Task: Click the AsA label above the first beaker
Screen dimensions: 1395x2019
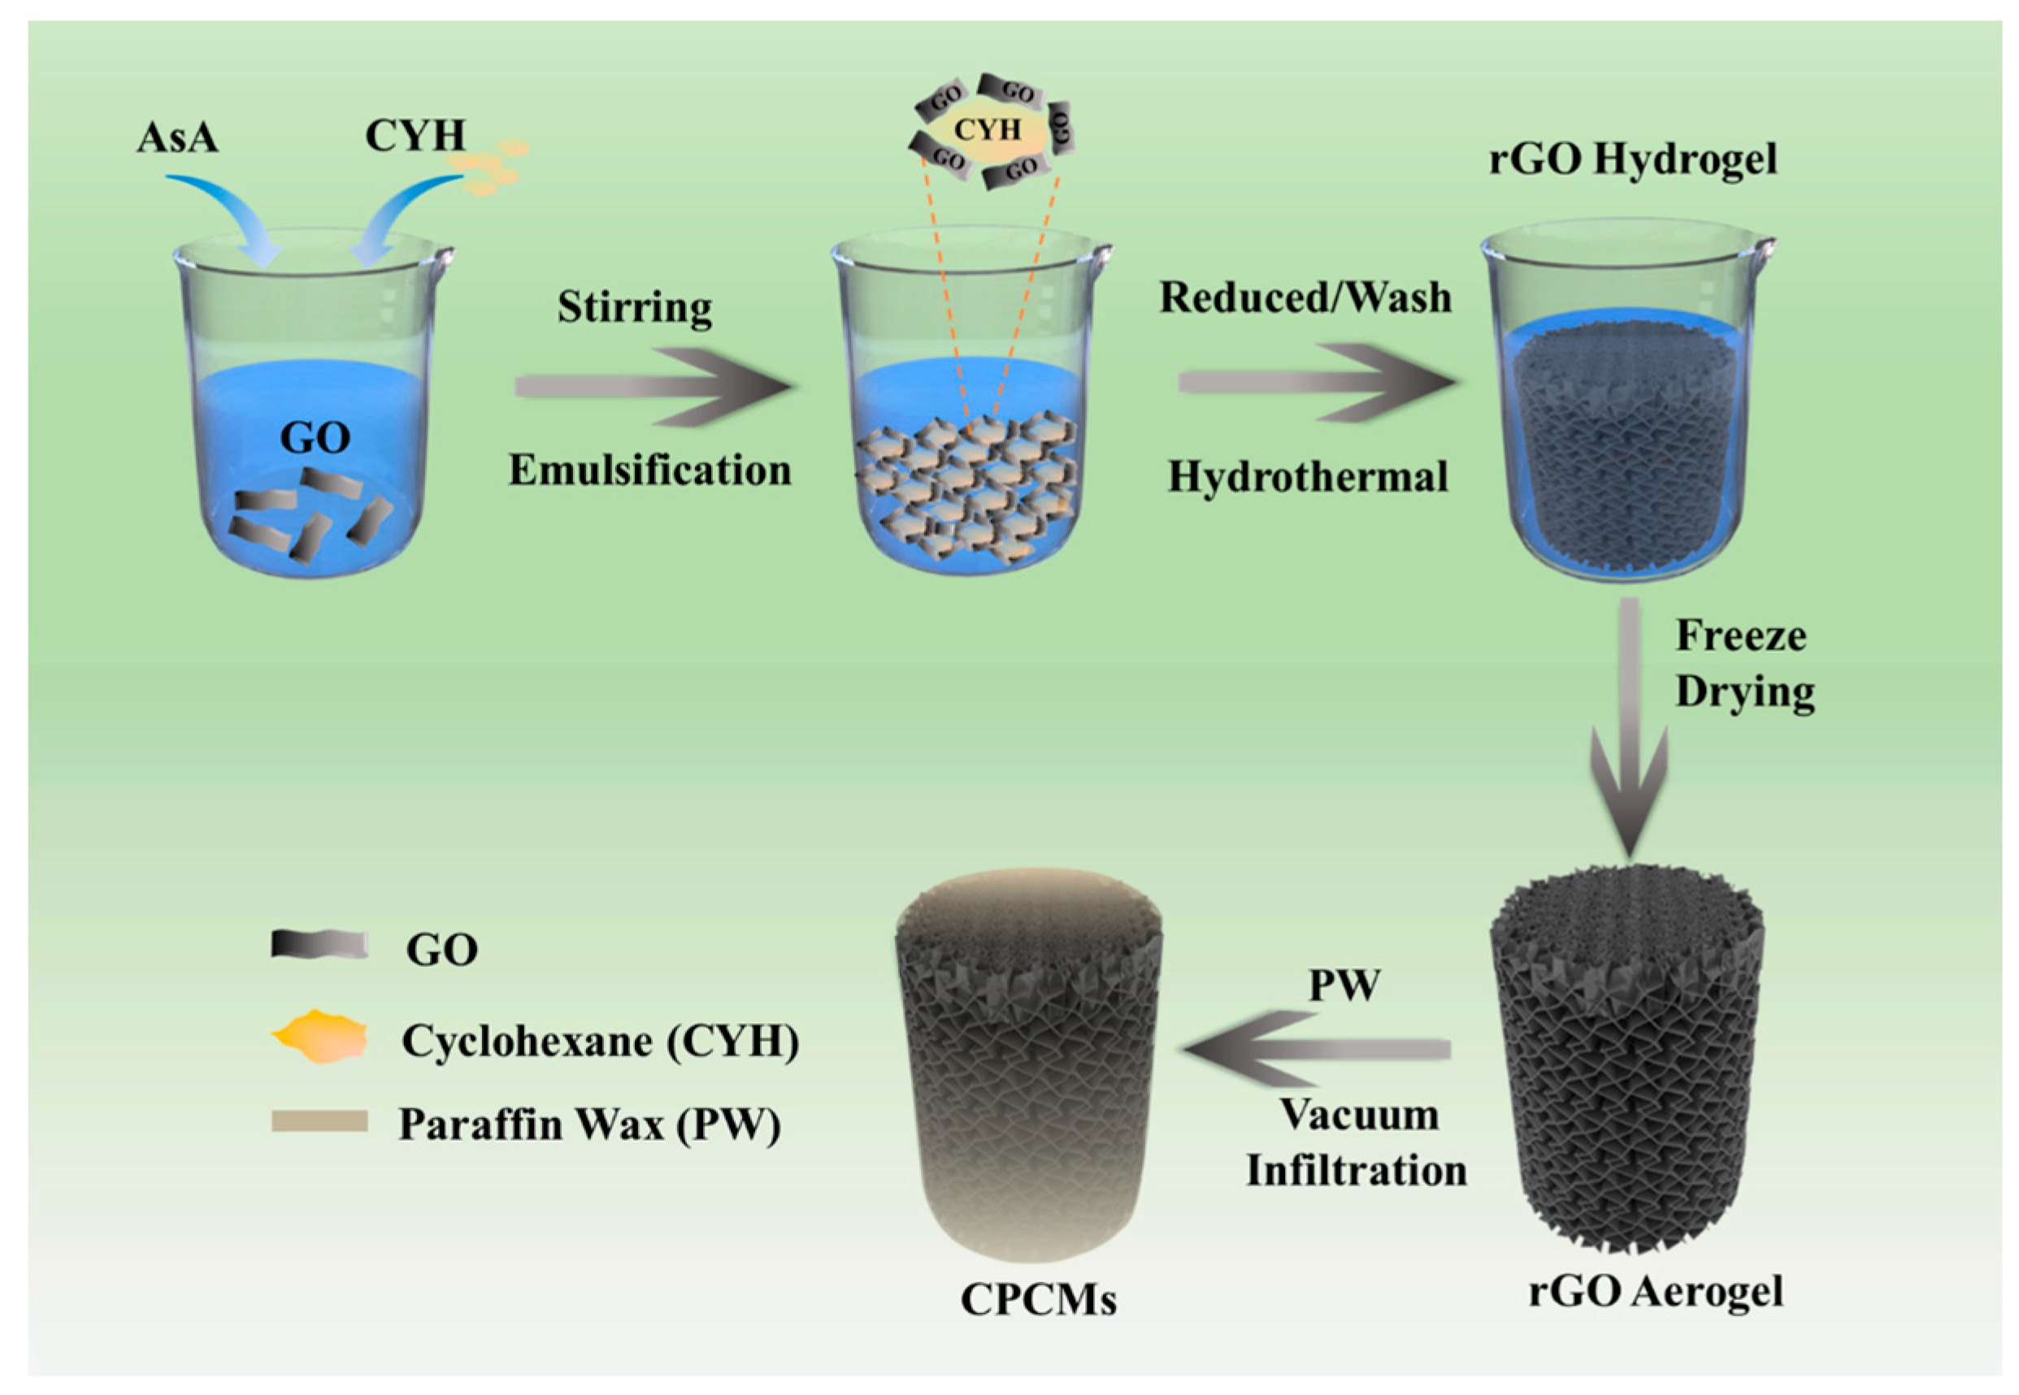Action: pos(177,138)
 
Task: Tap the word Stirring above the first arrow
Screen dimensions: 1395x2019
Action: pos(635,308)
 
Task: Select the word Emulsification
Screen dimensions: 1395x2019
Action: pos(650,470)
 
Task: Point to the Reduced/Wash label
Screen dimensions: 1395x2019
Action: pos(1305,298)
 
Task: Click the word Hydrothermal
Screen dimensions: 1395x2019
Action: pos(1308,477)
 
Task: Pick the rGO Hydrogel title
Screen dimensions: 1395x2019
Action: pos(1633,160)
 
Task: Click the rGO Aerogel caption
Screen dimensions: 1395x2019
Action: pos(1655,1292)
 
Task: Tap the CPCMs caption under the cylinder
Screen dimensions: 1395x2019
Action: pos(1038,1324)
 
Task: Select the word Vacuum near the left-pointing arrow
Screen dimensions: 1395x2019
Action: pos(1360,1116)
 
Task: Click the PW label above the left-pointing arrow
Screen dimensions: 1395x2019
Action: pos(1344,985)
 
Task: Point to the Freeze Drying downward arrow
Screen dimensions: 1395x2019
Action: pos(1628,726)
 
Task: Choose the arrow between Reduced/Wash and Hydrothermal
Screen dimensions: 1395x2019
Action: pos(1316,382)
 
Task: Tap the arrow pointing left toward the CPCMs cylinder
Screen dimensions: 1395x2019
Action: pos(1316,1049)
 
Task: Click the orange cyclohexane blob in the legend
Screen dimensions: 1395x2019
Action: pos(319,1038)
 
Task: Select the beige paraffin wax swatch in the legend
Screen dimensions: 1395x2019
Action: pos(319,1121)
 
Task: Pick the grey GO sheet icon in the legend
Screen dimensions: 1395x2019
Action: pos(319,946)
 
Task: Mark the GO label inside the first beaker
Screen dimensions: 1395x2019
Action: pos(315,437)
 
